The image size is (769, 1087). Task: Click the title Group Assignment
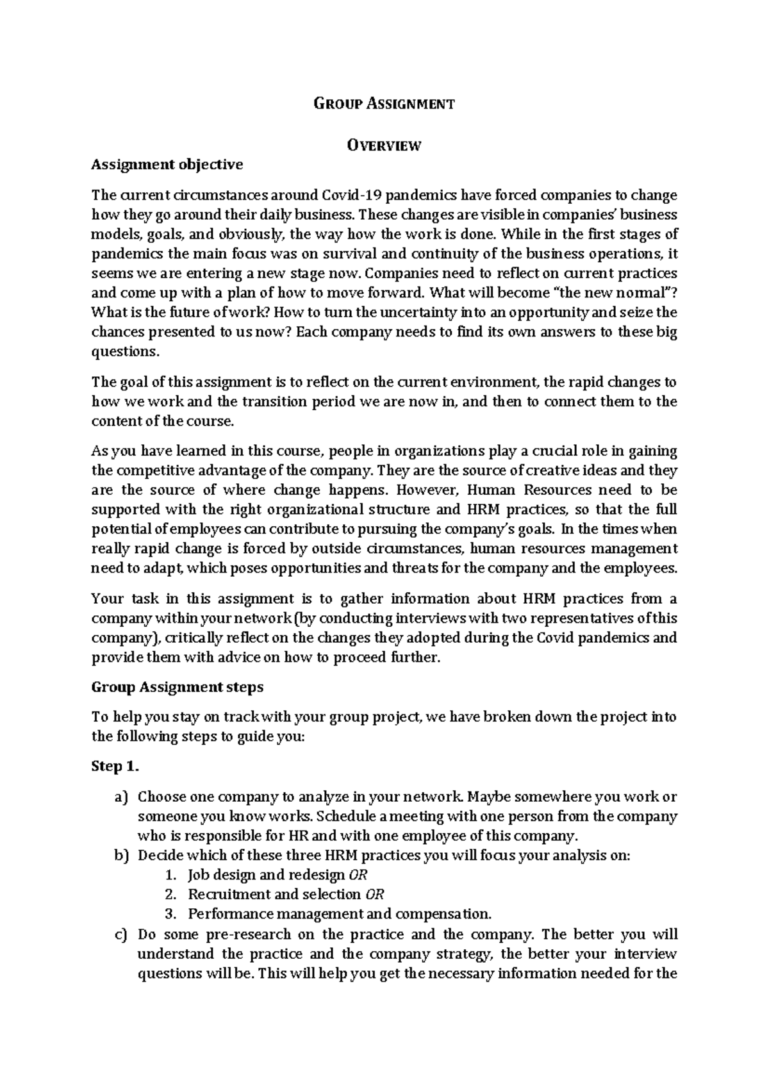(x=384, y=104)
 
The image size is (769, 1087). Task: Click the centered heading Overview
(x=384, y=145)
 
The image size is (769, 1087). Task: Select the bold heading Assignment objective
(x=167, y=165)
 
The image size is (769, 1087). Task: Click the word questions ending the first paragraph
(x=124, y=352)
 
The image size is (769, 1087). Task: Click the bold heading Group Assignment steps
(x=178, y=687)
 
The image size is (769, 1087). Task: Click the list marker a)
(x=122, y=797)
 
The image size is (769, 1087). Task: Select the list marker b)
(x=122, y=856)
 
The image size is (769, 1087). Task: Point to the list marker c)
(x=122, y=934)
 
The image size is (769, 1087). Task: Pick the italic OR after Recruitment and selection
(x=374, y=895)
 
